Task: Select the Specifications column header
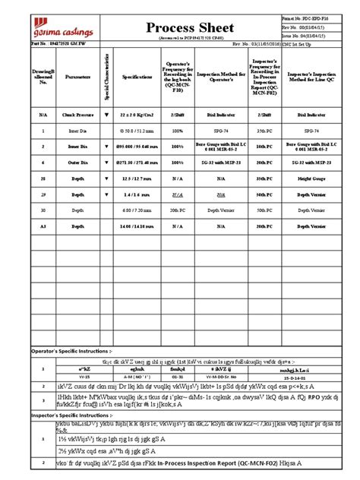click(x=133, y=77)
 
